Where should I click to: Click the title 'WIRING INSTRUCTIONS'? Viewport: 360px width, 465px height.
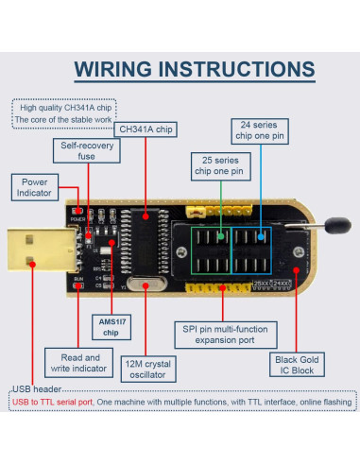pyautogui.click(x=194, y=70)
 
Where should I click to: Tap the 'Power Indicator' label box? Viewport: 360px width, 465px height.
pyautogui.click(x=38, y=187)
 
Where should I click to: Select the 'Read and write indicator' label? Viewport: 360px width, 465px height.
pyautogui.click(x=79, y=364)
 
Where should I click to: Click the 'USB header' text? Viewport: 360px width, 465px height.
pyautogui.click(x=36, y=390)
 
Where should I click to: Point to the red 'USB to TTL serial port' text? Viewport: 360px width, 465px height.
pyautogui.click(x=53, y=403)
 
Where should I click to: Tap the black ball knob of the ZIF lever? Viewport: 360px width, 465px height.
pyautogui.click(x=334, y=226)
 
